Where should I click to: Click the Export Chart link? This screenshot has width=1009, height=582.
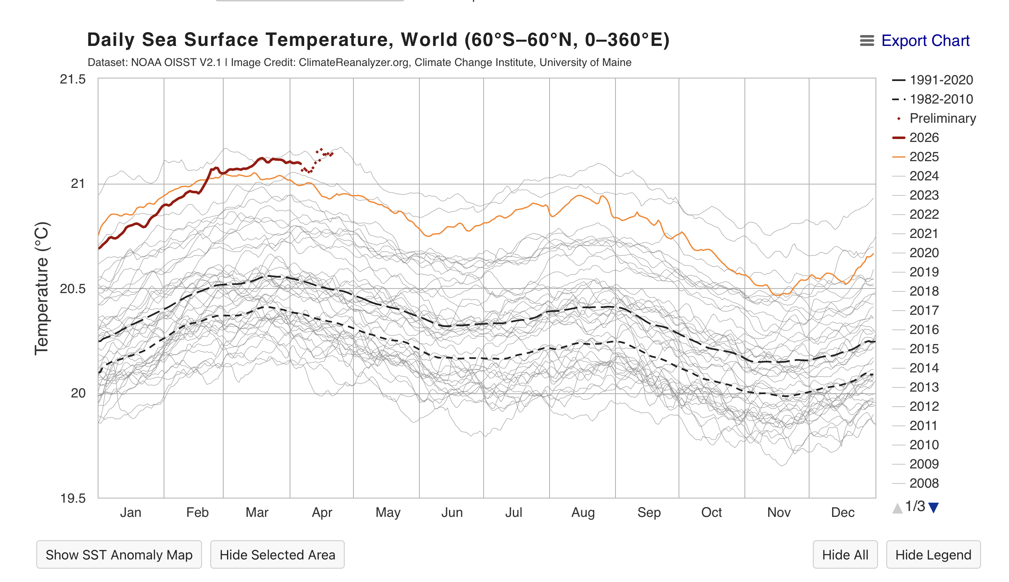925,41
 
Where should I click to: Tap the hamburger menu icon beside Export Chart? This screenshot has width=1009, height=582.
867,41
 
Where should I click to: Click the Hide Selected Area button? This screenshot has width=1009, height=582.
277,554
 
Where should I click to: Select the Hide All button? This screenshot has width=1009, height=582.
845,554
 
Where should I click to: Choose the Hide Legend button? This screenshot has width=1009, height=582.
933,554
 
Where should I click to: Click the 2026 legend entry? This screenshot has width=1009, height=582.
924,137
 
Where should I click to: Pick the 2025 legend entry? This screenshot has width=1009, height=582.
924,157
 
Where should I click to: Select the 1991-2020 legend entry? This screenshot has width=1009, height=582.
941,80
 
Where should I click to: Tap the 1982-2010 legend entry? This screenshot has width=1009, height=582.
941,99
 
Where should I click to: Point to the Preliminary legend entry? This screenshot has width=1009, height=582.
943,118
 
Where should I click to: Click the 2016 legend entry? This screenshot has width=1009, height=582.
924,329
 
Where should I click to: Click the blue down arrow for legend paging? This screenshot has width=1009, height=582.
934,508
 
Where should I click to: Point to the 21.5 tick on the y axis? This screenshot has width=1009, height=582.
73,79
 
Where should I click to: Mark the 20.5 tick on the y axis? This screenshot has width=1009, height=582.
73,288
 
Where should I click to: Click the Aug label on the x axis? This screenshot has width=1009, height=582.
583,512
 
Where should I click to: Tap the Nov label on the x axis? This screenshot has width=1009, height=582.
779,512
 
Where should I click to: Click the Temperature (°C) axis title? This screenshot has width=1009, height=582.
42,288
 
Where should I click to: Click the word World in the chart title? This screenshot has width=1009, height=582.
429,40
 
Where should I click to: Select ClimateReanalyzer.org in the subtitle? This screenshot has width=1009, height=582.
353,63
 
